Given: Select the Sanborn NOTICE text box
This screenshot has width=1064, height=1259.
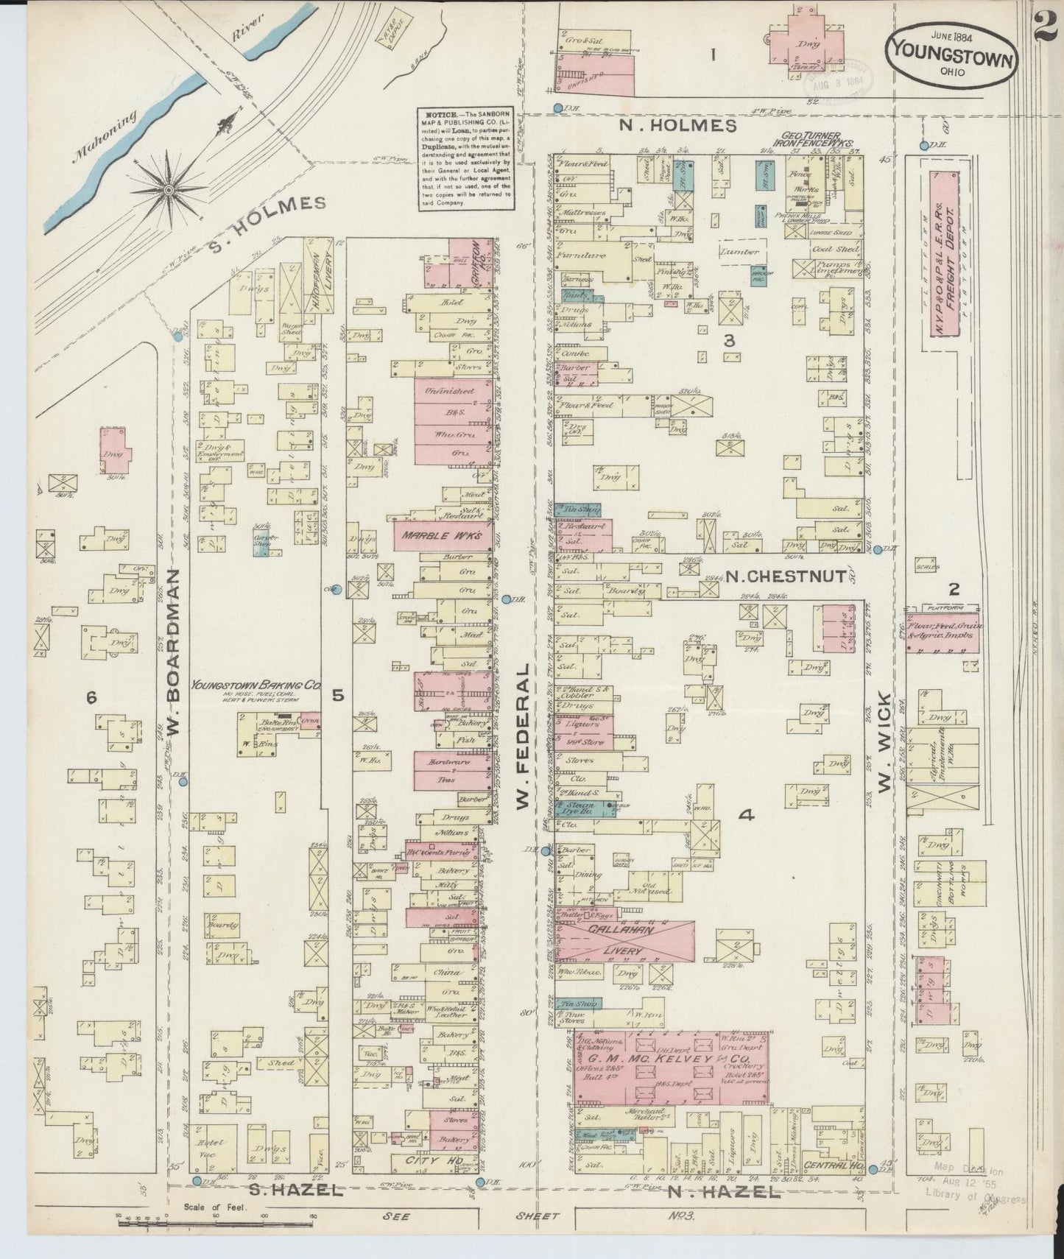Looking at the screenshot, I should pyautogui.click(x=466, y=159).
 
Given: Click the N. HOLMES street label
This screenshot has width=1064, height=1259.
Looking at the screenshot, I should pyautogui.click(x=677, y=126).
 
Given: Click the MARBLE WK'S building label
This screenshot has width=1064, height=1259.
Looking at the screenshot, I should pyautogui.click(x=443, y=537).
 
